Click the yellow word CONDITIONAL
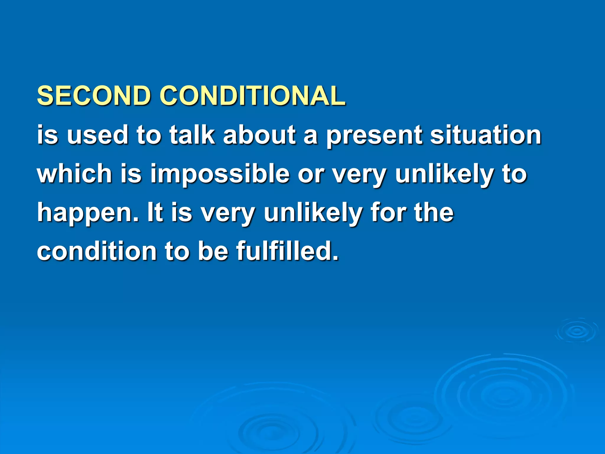tap(252, 96)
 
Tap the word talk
tap(192, 135)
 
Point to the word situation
tap(485, 135)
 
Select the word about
tap(259, 135)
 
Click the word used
tap(97, 135)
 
